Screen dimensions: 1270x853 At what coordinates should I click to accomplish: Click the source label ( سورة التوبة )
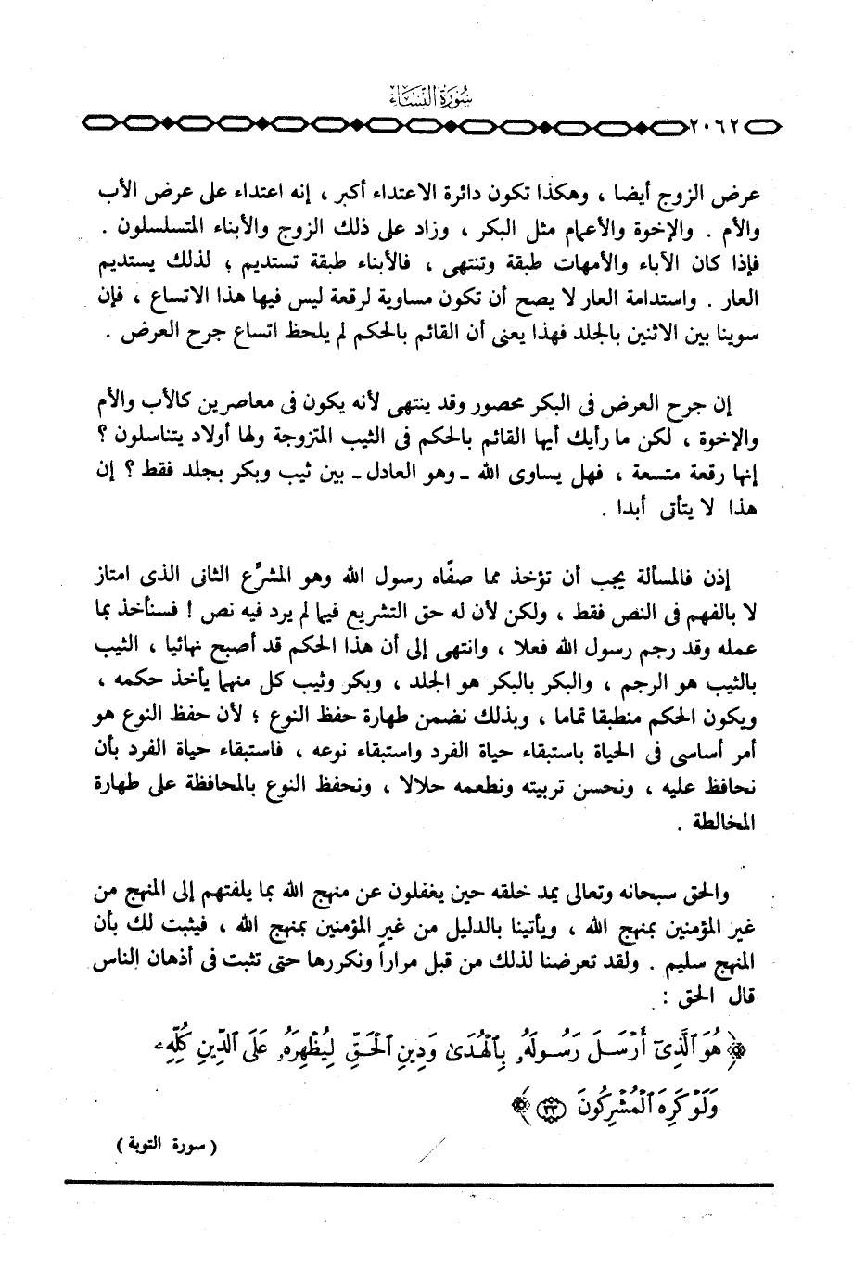[162, 1147]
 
